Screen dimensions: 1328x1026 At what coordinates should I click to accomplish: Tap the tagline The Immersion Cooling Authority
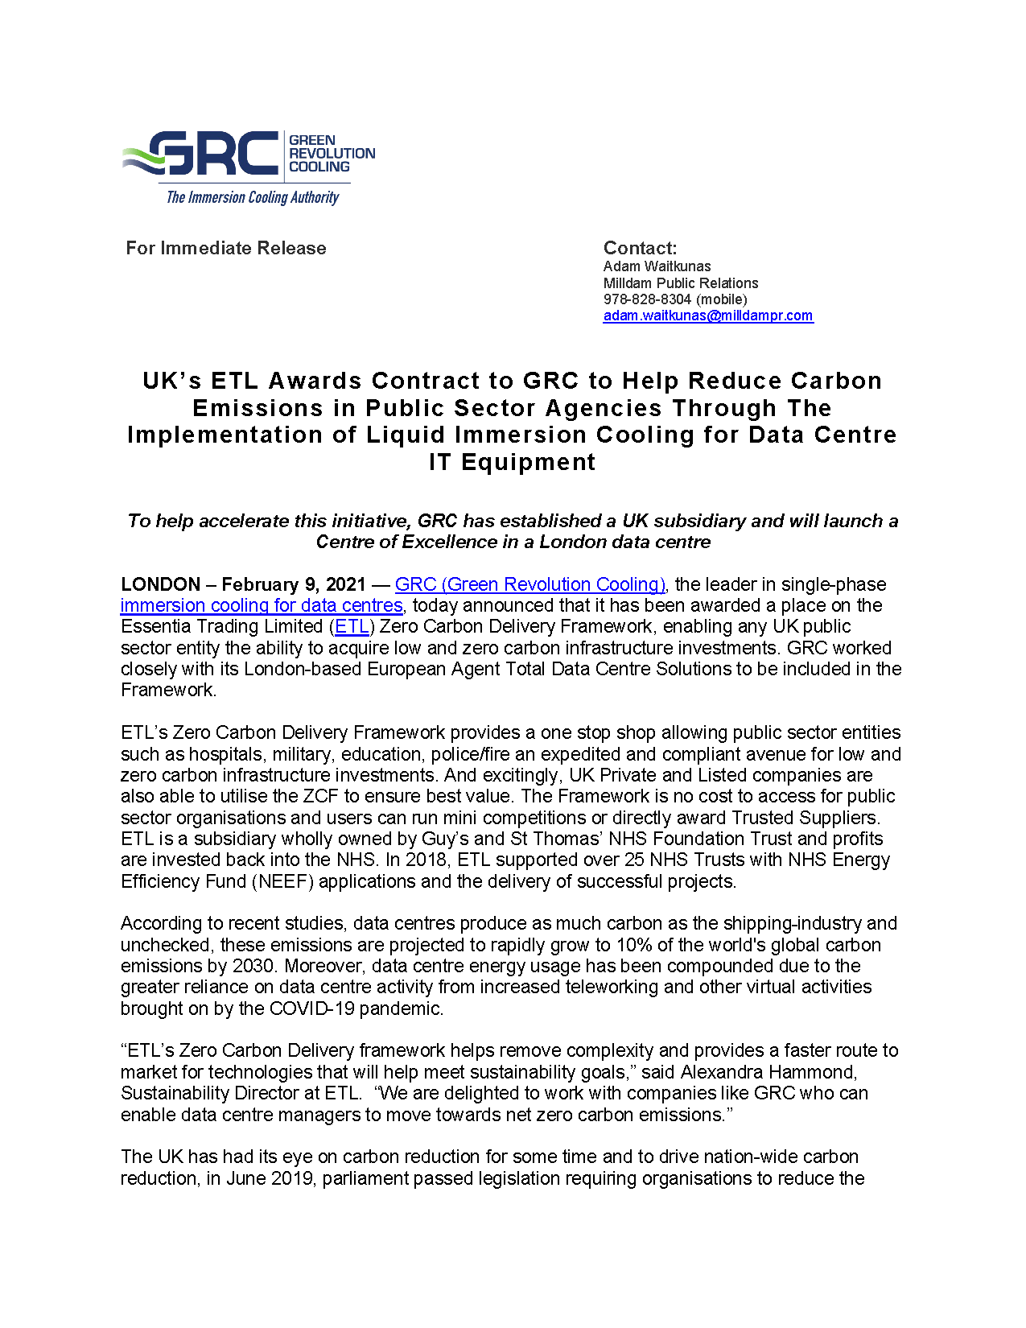[252, 197]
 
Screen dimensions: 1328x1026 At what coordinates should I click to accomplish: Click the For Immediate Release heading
[226, 248]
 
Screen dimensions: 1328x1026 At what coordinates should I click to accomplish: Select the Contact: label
[640, 248]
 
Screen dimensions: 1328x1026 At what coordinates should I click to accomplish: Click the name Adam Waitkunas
[657, 266]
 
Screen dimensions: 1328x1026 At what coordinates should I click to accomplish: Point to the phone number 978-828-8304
[647, 299]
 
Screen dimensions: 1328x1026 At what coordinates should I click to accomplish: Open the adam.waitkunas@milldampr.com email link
[708, 316]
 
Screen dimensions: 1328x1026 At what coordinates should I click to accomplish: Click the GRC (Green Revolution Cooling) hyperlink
[529, 584]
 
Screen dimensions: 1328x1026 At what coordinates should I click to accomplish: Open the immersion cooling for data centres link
[262, 605]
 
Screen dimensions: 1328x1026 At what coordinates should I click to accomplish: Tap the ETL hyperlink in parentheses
[352, 626]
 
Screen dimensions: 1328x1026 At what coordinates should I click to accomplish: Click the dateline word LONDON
[161, 584]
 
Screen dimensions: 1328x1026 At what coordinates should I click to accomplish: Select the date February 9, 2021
[294, 584]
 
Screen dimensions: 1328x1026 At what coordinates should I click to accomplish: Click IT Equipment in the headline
[513, 462]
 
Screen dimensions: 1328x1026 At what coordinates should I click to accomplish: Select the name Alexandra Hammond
[768, 1072]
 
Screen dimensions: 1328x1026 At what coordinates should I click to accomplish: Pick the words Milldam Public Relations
[681, 283]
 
